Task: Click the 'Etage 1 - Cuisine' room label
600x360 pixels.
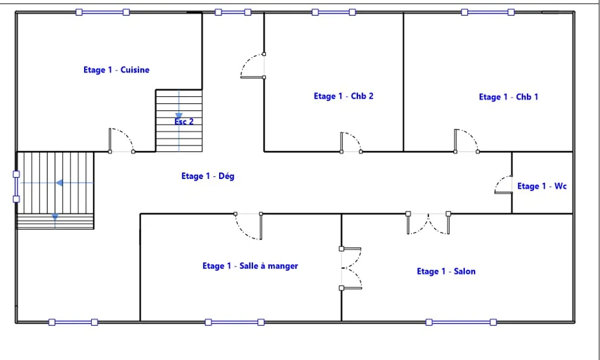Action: pos(116,70)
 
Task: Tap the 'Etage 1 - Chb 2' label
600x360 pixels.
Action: pos(344,96)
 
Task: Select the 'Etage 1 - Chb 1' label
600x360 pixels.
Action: pos(508,97)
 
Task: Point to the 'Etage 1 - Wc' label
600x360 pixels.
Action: pos(542,186)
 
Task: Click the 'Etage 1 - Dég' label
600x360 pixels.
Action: pos(208,176)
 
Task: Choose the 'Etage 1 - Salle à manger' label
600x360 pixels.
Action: pos(250,266)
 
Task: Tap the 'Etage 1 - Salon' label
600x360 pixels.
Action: pos(446,272)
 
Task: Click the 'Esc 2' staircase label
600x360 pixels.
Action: pos(184,122)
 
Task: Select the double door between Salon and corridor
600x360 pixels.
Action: pos(428,224)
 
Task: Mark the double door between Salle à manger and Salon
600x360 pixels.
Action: pos(351,268)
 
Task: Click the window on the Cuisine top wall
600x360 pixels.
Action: pos(103,12)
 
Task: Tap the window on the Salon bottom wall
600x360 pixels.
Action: pos(461,322)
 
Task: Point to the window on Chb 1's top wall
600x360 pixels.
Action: pos(487,12)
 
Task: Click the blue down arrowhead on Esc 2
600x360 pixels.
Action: pos(179,116)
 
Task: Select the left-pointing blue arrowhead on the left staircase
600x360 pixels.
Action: pos(60,183)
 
